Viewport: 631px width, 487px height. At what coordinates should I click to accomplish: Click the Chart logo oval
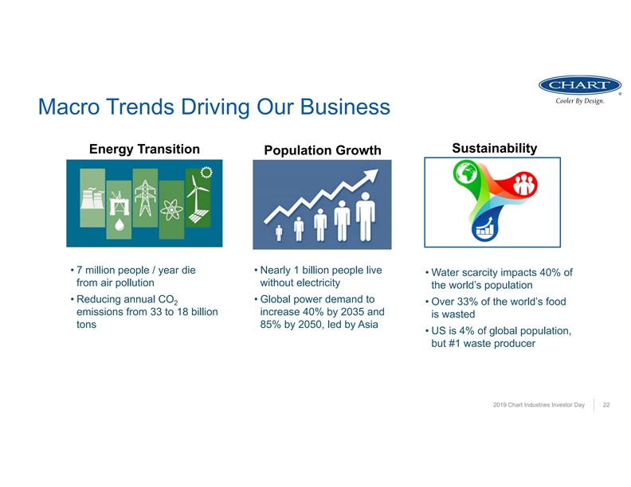pos(580,85)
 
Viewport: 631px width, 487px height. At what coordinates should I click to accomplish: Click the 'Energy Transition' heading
pos(144,149)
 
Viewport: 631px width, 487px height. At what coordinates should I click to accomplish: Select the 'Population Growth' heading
pos(323,150)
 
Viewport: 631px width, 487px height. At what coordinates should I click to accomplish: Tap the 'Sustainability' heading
pos(494,148)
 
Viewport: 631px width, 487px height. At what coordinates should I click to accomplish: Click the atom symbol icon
pos(171,209)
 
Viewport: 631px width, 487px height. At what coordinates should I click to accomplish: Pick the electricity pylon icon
pos(145,198)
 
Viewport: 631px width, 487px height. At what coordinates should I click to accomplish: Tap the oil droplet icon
pos(120,224)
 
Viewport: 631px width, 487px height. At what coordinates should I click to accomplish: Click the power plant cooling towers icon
pos(92,198)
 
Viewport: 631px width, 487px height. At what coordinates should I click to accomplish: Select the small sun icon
pos(206,173)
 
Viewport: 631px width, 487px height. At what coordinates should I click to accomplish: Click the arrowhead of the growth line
pos(370,175)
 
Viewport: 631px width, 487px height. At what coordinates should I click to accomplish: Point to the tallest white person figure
pos(366,217)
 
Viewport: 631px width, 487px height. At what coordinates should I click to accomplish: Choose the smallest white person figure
pos(279,233)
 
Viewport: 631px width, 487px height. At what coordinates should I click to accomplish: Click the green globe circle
pos(466,173)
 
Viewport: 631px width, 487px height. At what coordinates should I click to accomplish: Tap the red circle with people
pos(524,184)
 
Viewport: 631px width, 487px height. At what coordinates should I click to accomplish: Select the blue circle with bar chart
pos(484,228)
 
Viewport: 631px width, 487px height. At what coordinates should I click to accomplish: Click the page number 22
pos(606,404)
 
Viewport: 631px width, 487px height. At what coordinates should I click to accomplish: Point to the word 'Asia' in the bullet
pos(367,324)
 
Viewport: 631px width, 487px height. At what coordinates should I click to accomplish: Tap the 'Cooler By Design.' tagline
pos(580,101)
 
